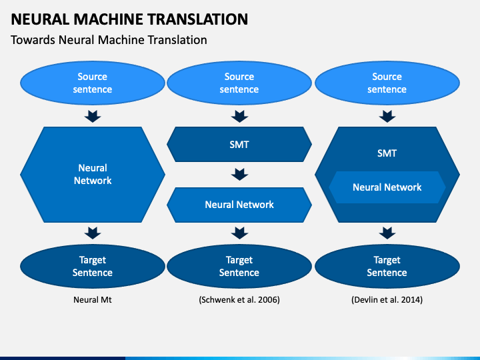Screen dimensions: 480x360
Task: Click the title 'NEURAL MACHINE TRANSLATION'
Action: [129, 19]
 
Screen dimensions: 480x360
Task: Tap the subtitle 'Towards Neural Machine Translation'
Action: [109, 40]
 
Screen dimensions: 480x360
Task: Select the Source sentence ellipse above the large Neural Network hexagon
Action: [93, 83]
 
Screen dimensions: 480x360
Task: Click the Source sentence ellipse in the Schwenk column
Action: [239, 83]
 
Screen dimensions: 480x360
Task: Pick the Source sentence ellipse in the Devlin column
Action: [387, 83]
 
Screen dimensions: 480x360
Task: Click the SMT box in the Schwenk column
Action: [239, 144]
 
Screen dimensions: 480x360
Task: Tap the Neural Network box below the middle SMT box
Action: [239, 205]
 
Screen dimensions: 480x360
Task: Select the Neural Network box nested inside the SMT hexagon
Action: [387, 187]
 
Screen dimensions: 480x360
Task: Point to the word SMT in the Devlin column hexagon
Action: [387, 153]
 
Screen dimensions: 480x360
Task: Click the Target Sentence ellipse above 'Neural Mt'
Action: [93, 266]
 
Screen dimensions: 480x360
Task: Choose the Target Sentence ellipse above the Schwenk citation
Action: [239, 266]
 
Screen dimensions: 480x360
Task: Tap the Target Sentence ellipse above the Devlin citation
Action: [387, 266]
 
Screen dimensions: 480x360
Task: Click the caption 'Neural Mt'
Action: [93, 300]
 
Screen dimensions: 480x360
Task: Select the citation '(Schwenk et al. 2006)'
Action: [239, 300]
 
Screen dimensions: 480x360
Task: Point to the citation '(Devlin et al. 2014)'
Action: [387, 300]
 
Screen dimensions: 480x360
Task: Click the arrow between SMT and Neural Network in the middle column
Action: [240, 175]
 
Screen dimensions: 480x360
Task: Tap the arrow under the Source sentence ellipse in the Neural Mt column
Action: [93, 116]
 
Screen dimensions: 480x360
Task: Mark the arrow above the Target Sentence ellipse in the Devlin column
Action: [387, 233]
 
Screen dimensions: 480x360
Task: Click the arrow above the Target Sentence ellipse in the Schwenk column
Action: [240, 233]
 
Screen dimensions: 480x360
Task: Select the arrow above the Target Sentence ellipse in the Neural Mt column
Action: [93, 233]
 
